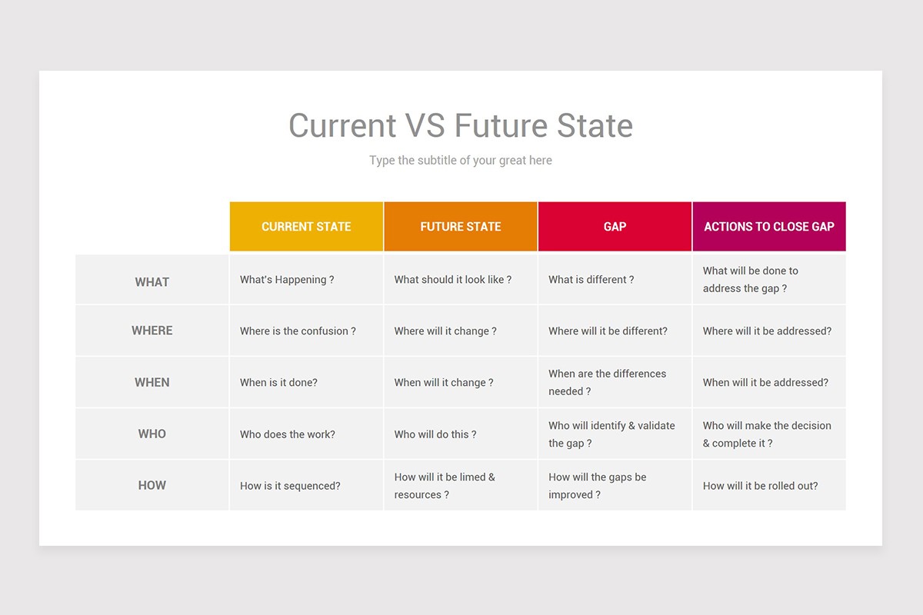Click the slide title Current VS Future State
coord(460,125)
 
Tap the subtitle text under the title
coord(460,161)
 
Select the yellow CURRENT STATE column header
coord(306,227)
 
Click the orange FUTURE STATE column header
coord(461,227)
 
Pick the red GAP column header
coord(615,227)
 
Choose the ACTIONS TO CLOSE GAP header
coord(769,227)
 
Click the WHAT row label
coord(152,282)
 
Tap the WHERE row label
coord(152,331)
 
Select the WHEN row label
coord(152,382)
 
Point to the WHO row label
coord(152,434)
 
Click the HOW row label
coord(152,485)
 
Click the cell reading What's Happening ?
coord(287,280)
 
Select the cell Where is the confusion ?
coord(298,331)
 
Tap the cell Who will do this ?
coord(435,434)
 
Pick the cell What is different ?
coord(591,280)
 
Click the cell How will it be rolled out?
coord(760,486)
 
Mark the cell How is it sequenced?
coord(290,486)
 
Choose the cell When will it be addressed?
coord(765,382)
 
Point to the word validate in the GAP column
coord(656,426)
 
